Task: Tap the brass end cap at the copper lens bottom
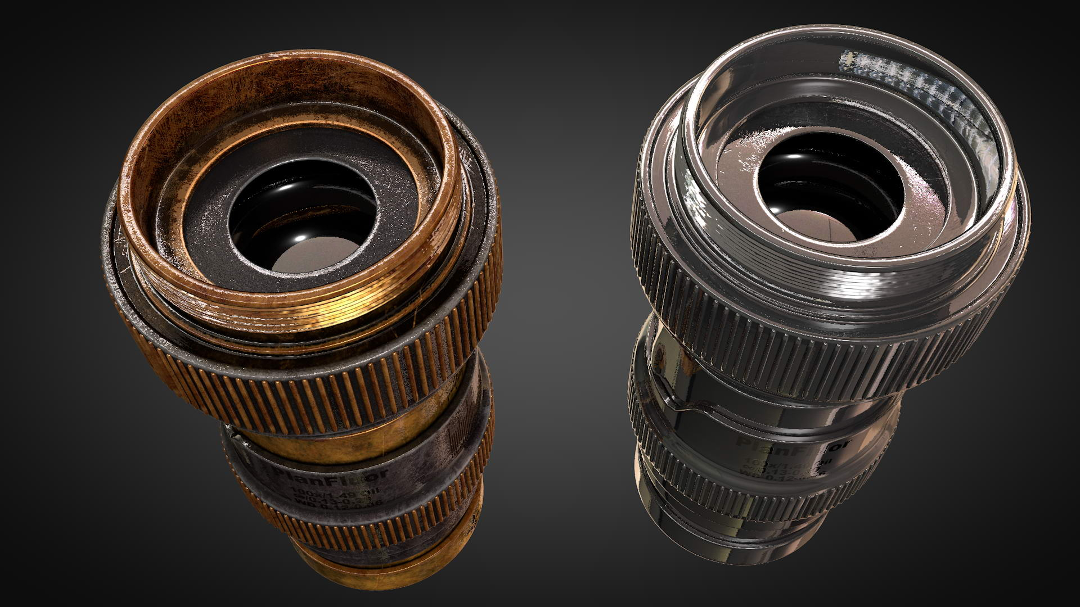[360, 579]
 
